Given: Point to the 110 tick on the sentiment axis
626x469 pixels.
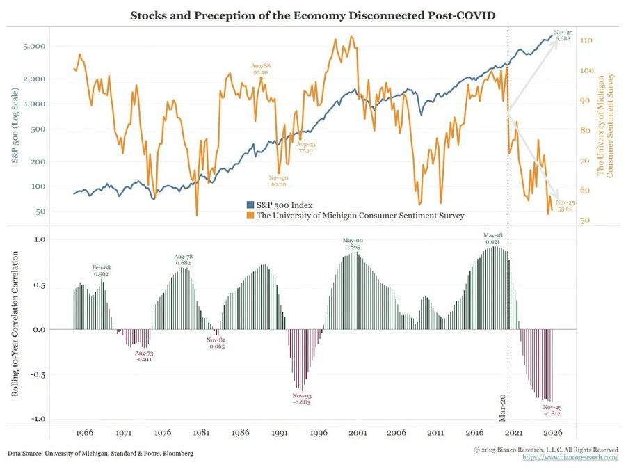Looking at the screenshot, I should point(586,41).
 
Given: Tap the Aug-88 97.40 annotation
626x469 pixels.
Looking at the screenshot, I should point(262,69).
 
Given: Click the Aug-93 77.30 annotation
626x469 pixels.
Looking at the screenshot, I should point(305,147).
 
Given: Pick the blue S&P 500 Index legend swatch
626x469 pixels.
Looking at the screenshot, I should point(250,205).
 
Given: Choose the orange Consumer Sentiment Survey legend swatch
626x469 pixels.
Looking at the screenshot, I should point(250,216).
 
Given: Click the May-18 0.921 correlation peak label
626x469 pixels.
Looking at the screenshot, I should point(493,238).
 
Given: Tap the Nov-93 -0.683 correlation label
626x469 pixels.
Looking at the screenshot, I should point(302,399).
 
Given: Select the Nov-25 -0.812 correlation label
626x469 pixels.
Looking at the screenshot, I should point(552,411).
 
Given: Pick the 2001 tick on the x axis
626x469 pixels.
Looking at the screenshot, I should point(358,432).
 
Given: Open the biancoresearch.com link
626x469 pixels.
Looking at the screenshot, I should point(570,457).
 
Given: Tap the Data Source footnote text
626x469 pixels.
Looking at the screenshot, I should point(101,453).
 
